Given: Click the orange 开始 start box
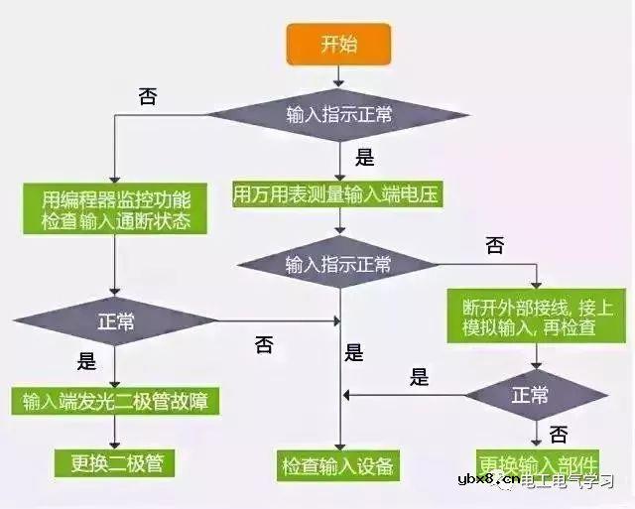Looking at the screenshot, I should pyautogui.click(x=340, y=44).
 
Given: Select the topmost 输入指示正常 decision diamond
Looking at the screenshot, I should pyautogui.click(x=339, y=116).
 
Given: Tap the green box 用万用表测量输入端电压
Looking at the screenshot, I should pyautogui.click(x=336, y=192).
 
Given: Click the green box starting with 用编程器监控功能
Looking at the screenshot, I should pyautogui.click(x=117, y=206).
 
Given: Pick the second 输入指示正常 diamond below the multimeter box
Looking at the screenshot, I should pyautogui.click(x=338, y=265).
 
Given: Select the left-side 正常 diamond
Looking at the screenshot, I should pyautogui.click(x=116, y=322).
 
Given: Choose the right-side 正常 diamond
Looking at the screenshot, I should pyautogui.click(x=530, y=394).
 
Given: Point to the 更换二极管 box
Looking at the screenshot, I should pyautogui.click(x=116, y=462).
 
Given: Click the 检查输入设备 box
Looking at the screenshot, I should pyautogui.click(x=338, y=464).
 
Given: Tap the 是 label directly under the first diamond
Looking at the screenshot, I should pyautogui.click(x=364, y=156).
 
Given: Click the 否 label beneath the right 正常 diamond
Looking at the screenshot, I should pyautogui.click(x=559, y=434).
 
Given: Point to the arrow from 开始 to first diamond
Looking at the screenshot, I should pyautogui.click(x=339, y=75).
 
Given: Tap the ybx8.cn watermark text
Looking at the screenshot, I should pyautogui.click(x=483, y=482).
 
